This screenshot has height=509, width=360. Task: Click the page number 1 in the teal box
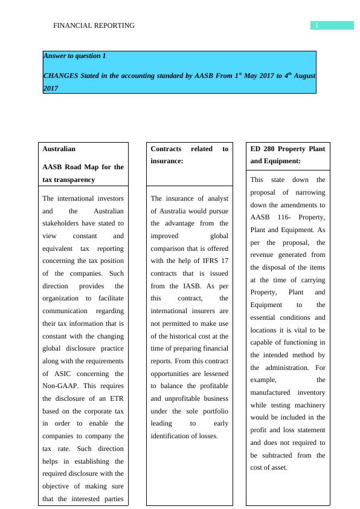pyautogui.click(x=317, y=25)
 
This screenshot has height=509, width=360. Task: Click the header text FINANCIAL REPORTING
pyautogui.click(x=94, y=25)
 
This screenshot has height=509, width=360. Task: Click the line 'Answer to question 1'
pyautogui.click(x=74, y=56)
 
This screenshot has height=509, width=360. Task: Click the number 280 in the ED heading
pyautogui.click(x=270, y=149)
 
